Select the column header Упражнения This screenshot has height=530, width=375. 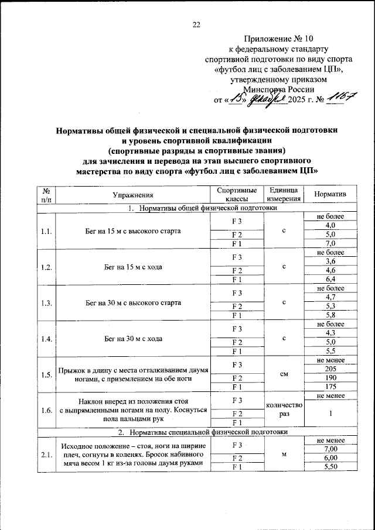pyautogui.click(x=132, y=194)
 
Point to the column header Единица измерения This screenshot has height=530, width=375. pyautogui.click(x=283, y=194)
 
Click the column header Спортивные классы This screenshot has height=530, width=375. pyautogui.click(x=237, y=194)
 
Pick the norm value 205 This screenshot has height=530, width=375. pyautogui.click(x=330, y=370)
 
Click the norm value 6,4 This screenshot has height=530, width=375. pyautogui.click(x=330, y=280)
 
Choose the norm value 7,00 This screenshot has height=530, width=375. pyautogui.click(x=330, y=448)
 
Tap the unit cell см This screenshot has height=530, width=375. pyautogui.click(x=283, y=375)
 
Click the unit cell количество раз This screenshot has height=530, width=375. pyautogui.click(x=283, y=411)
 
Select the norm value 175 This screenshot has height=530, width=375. pyautogui.click(x=330, y=388)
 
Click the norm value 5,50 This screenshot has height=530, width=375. pyautogui.click(x=330, y=467)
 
